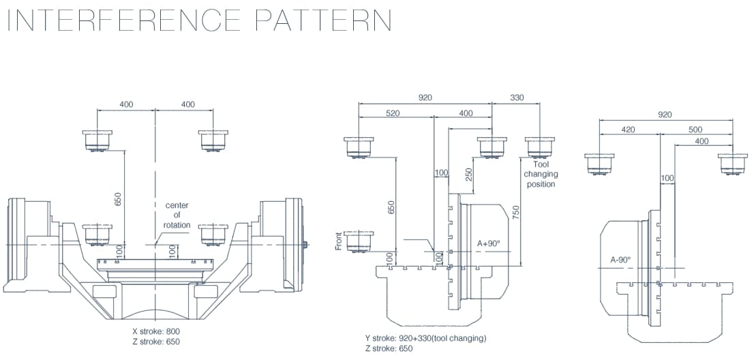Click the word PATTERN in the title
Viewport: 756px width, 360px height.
click(x=323, y=20)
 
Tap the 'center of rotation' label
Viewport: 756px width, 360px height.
click(x=177, y=215)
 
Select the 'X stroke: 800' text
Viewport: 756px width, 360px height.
click(x=156, y=331)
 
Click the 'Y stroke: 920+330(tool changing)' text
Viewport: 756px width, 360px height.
click(x=425, y=338)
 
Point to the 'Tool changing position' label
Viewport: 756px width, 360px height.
click(x=540, y=174)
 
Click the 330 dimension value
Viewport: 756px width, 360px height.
click(x=517, y=97)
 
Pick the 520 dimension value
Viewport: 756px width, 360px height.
click(x=393, y=113)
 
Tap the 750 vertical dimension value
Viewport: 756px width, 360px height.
click(x=516, y=213)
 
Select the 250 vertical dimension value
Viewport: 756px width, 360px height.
click(x=468, y=175)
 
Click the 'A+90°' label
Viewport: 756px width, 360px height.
click(x=488, y=243)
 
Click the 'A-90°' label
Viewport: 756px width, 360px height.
click(x=620, y=259)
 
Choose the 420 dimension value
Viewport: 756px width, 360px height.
click(x=628, y=129)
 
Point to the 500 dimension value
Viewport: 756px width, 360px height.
click(x=695, y=129)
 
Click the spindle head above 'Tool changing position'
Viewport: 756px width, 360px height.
click(x=540, y=147)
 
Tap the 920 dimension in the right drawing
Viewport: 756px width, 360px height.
click(x=665, y=115)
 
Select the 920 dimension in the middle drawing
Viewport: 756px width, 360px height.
click(x=425, y=97)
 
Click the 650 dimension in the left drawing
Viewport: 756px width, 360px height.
click(x=118, y=198)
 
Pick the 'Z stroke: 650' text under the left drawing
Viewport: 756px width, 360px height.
click(x=156, y=342)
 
